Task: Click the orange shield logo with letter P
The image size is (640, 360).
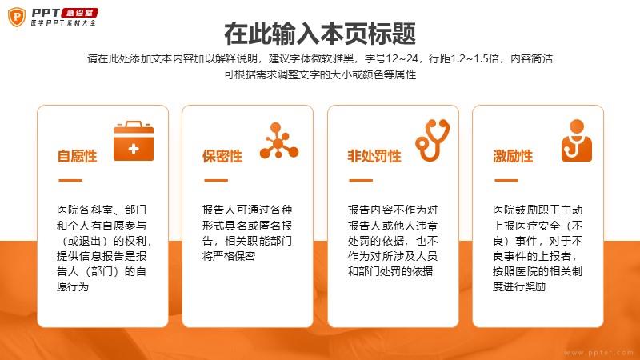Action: (17, 17)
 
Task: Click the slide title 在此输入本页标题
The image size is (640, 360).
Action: (320, 34)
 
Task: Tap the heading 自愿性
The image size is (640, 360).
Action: (77, 156)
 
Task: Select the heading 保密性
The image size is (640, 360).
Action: (222, 156)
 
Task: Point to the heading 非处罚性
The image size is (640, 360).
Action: (374, 156)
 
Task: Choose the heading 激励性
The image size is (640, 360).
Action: (513, 156)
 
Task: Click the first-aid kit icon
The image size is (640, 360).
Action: (134, 141)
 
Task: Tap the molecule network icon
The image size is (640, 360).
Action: (279, 141)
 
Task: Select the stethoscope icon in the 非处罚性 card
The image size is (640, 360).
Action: (433, 140)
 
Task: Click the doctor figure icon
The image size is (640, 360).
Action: (577, 141)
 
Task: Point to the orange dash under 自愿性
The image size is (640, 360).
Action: (70, 180)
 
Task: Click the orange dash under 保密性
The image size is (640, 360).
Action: (216, 180)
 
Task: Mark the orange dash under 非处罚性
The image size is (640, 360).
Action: (361, 180)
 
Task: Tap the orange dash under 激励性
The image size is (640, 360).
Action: (506, 180)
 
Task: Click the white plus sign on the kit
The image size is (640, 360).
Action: (134, 149)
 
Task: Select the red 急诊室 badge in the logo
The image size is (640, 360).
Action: (80, 13)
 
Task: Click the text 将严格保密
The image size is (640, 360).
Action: (229, 256)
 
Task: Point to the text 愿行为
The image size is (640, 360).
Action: (73, 286)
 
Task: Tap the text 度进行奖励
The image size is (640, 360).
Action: (519, 286)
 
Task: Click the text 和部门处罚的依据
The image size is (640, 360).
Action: (390, 271)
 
